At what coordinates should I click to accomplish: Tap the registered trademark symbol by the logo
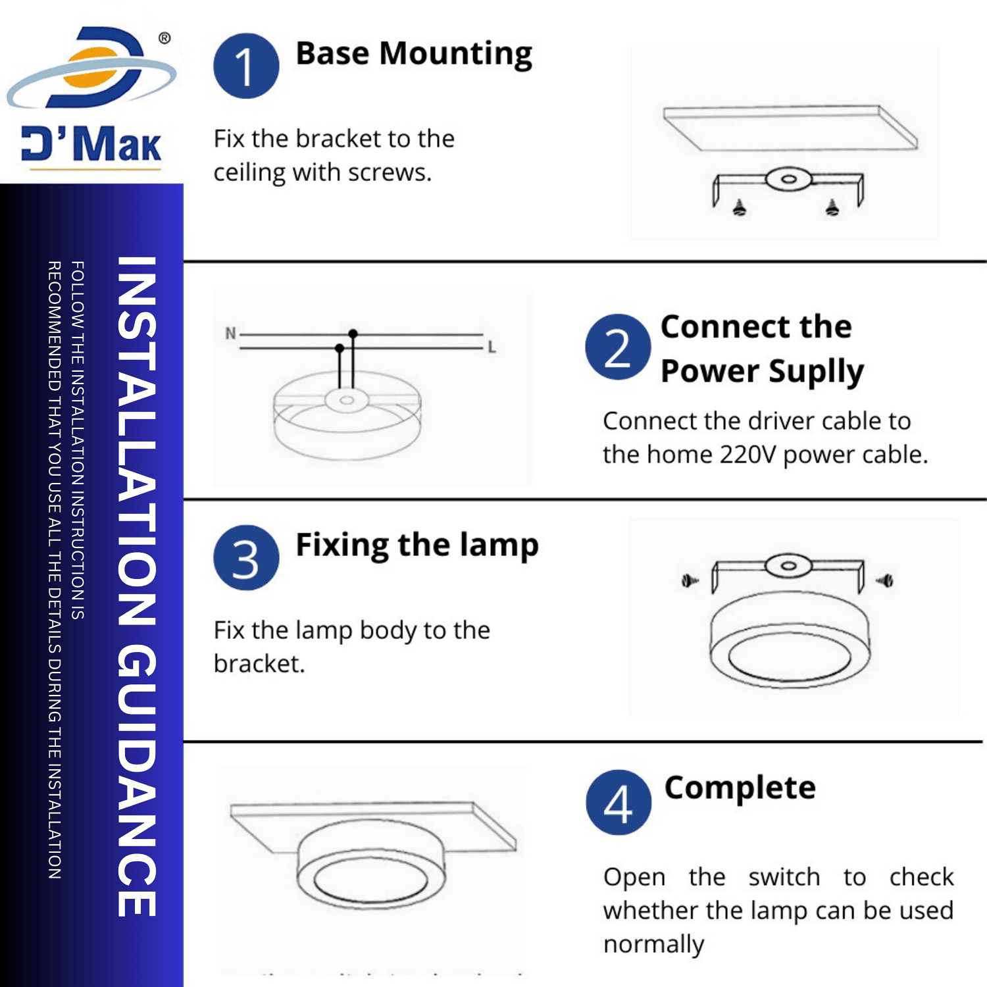tap(164, 38)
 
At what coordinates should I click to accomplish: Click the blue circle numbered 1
tap(246, 66)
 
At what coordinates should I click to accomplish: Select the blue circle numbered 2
tap(617, 347)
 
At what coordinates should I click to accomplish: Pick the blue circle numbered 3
tap(246, 558)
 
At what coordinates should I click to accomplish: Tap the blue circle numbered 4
tap(618, 803)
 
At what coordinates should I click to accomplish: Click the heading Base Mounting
tap(414, 54)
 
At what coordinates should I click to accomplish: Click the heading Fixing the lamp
tap(417, 545)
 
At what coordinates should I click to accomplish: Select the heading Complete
tap(740, 788)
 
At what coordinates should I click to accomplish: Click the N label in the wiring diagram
tap(230, 334)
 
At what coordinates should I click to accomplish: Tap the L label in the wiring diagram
tap(492, 347)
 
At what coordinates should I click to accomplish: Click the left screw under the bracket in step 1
tap(740, 209)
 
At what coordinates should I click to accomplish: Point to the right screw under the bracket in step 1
tap(832, 208)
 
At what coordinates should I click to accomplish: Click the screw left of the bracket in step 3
tap(690, 581)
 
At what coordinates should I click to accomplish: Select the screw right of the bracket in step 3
tap(885, 580)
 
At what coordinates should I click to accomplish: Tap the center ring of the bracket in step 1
tap(789, 179)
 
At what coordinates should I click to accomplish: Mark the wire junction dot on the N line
tap(353, 334)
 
